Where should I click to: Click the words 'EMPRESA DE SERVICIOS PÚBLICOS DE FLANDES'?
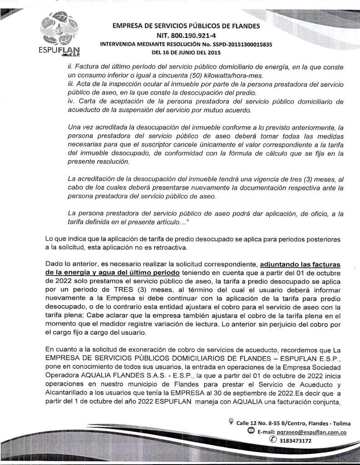[x=186, y=26]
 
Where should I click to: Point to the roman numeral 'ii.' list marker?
[x=69, y=66]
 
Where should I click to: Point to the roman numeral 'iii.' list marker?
[x=70, y=84]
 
